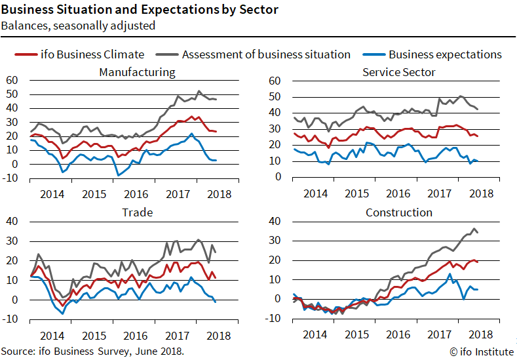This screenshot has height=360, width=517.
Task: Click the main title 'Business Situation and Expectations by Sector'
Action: (139, 10)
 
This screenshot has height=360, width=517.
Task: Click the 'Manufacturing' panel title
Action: (137, 72)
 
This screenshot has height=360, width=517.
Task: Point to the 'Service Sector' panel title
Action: (398, 72)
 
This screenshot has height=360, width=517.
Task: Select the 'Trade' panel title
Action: (137, 212)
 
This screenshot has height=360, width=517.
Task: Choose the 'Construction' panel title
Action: (398, 212)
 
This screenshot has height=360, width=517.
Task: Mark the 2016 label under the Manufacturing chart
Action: (136, 193)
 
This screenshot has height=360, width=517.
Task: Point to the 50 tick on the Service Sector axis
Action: (275, 96)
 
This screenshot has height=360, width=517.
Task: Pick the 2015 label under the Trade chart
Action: (94, 334)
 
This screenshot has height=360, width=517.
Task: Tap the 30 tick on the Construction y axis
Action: (275, 241)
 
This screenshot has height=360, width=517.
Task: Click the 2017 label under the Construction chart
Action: (439, 334)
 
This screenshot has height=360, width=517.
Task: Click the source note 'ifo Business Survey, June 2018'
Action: (114, 351)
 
